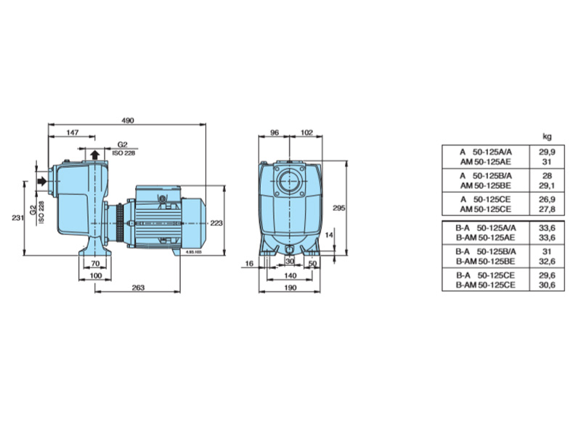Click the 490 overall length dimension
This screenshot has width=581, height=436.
click(x=128, y=120)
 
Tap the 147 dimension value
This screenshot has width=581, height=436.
click(x=73, y=132)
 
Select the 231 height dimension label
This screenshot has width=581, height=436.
click(x=17, y=217)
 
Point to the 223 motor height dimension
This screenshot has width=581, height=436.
click(x=216, y=223)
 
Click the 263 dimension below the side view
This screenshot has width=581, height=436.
click(x=138, y=287)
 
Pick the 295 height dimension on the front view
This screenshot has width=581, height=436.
click(x=338, y=208)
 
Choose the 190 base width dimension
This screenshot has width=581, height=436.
click(x=290, y=287)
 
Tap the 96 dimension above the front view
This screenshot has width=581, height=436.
click(x=275, y=132)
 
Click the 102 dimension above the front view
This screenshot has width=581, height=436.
click(x=306, y=132)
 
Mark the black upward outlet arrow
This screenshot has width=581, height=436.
click(x=95, y=155)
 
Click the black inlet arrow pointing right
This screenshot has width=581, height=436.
click(x=42, y=181)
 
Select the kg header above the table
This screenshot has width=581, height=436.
click(x=547, y=137)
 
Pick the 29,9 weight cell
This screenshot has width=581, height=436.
click(x=547, y=152)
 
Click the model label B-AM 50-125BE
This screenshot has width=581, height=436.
click(x=485, y=262)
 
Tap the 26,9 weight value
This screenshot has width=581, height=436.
click(x=547, y=199)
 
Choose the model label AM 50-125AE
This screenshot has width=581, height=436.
click(x=485, y=162)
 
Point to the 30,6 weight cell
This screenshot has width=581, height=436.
click(x=547, y=285)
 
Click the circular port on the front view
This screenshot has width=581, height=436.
click(x=289, y=182)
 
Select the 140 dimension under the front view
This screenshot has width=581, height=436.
click(x=290, y=275)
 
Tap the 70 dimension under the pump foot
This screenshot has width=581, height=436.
click(x=95, y=264)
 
